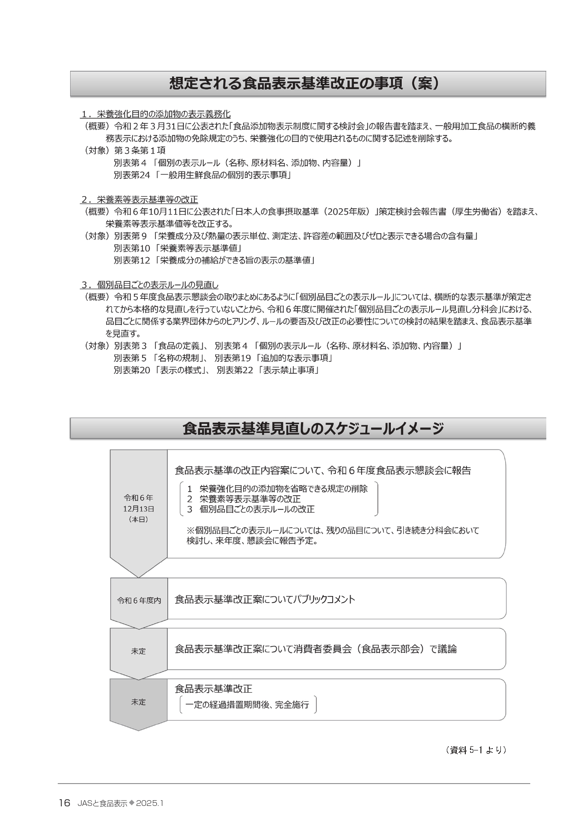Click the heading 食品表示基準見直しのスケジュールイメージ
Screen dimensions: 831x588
pyautogui.click(x=313, y=429)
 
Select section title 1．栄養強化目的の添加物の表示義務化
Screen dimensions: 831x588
pyautogui.click(x=156, y=114)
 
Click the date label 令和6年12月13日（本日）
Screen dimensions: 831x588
pyautogui.click(x=138, y=508)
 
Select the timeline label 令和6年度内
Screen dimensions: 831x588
pyautogui.click(x=139, y=600)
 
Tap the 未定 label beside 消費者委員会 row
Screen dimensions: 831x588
pyautogui.click(x=138, y=651)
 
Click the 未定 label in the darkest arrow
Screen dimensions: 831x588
pyautogui.click(x=138, y=702)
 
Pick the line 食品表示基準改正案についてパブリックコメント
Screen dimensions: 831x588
pyautogui.click(x=264, y=599)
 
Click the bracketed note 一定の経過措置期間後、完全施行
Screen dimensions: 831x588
pyautogui.click(x=247, y=705)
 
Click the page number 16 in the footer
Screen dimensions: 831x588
pyautogui.click(x=64, y=803)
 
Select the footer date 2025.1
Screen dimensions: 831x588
pyautogui.click(x=149, y=804)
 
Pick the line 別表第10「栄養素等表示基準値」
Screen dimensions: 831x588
pyautogui.click(x=178, y=248)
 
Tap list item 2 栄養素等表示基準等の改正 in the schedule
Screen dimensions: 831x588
pyautogui.click(x=244, y=499)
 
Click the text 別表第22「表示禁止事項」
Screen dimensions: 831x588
pyautogui.click(x=268, y=370)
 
